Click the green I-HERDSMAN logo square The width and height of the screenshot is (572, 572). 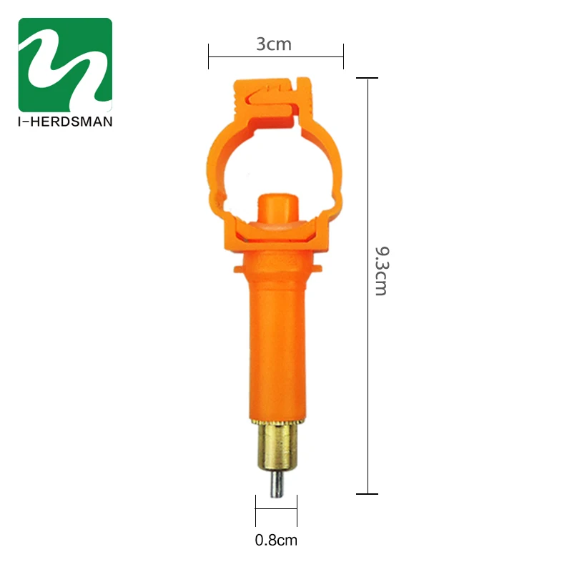65,64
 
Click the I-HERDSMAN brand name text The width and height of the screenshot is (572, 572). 65,122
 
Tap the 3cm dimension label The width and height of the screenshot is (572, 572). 274,44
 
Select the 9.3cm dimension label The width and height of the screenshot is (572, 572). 383,271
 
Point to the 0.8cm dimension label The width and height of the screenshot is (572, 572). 276,541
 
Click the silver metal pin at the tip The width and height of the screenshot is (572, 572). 277,484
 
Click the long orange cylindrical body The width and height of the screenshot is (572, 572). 277,335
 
